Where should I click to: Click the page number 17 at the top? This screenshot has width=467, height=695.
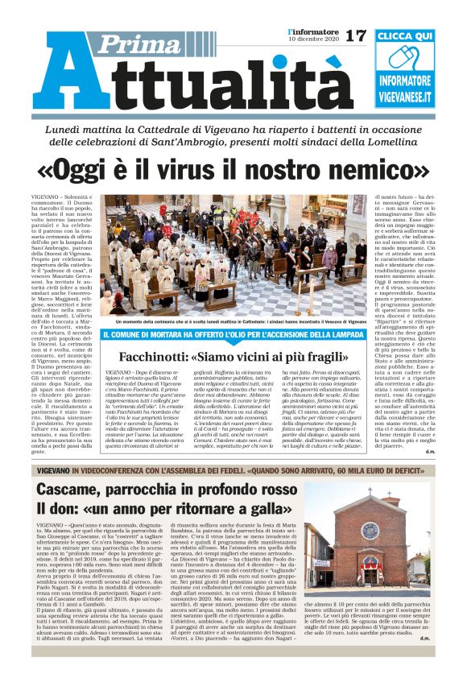click(x=355, y=36)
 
